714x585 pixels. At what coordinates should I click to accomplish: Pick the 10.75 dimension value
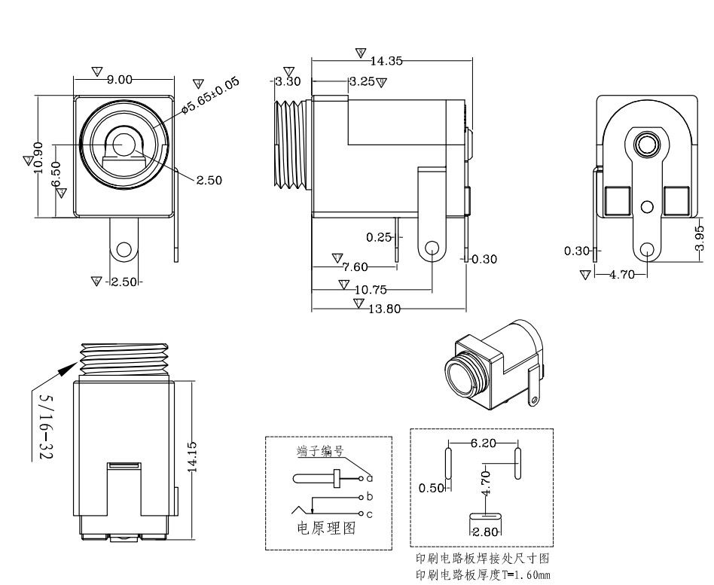[371, 289]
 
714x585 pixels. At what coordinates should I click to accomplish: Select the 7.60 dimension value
[355, 267]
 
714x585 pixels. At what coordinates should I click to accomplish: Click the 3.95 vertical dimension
[700, 237]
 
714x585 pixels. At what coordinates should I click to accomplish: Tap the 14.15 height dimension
[192, 456]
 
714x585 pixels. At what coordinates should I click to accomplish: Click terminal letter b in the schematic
[370, 497]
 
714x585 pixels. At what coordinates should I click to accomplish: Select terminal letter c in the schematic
[370, 514]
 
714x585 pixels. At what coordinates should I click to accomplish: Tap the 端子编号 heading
[320, 452]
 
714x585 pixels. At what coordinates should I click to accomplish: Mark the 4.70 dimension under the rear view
[621, 275]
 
